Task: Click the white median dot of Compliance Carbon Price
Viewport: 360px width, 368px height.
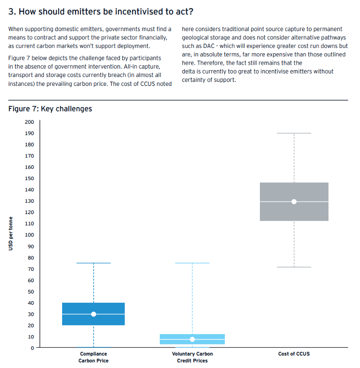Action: pyautogui.click(x=94, y=314)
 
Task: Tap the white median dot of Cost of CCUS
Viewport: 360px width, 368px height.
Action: pyautogui.click(x=294, y=202)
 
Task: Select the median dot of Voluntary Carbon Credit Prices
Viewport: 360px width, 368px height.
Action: pyautogui.click(x=192, y=339)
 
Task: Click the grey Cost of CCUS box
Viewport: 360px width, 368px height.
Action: pyautogui.click(x=294, y=190)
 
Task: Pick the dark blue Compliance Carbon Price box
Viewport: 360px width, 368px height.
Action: pyautogui.click(x=94, y=307)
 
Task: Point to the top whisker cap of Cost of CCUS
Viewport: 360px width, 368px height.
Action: pyautogui.click(x=294, y=133)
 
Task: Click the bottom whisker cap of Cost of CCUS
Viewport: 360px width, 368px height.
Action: pyautogui.click(x=294, y=267)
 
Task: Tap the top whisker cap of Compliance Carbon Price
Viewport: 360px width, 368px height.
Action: pyautogui.click(x=94, y=263)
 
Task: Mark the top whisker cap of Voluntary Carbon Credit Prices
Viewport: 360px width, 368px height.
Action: pyautogui.click(x=192, y=263)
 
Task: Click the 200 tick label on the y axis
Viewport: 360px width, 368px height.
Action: pyautogui.click(x=29, y=122)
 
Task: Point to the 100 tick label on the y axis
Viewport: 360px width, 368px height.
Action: pyautogui.click(x=29, y=235)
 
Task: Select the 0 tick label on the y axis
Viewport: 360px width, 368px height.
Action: pyautogui.click(x=32, y=348)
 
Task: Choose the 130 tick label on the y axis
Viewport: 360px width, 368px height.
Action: pyautogui.click(x=29, y=201)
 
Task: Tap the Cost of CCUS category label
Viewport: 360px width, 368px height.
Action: pyautogui.click(x=294, y=354)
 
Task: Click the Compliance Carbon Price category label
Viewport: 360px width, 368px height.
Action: pyautogui.click(x=94, y=357)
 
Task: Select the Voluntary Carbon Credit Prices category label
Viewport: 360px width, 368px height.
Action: pyautogui.click(x=192, y=357)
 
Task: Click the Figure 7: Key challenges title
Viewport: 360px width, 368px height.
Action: pyautogui.click(x=50, y=109)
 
